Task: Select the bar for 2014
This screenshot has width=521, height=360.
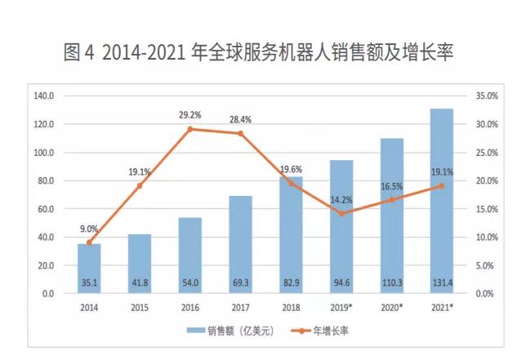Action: pos(89,268)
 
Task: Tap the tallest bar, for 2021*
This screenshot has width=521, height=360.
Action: pos(442,200)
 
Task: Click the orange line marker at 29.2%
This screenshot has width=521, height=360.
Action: pos(189,129)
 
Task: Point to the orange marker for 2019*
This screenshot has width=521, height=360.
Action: pos(341,213)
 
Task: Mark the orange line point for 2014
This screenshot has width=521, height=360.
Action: pos(89,242)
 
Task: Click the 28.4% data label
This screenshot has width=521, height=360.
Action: pos(240,119)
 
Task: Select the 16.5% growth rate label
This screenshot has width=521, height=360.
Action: pos(392,187)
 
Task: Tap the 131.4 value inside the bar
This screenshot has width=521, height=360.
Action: pos(442,282)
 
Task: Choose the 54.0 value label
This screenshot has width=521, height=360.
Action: pos(189,282)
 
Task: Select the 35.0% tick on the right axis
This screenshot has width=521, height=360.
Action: pos(487,96)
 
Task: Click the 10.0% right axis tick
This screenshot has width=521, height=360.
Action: pos(487,237)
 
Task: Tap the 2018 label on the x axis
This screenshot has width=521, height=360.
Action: pos(291,308)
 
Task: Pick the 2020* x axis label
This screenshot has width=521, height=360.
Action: pos(392,308)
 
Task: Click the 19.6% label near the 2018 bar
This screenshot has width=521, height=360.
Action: pos(291,170)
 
